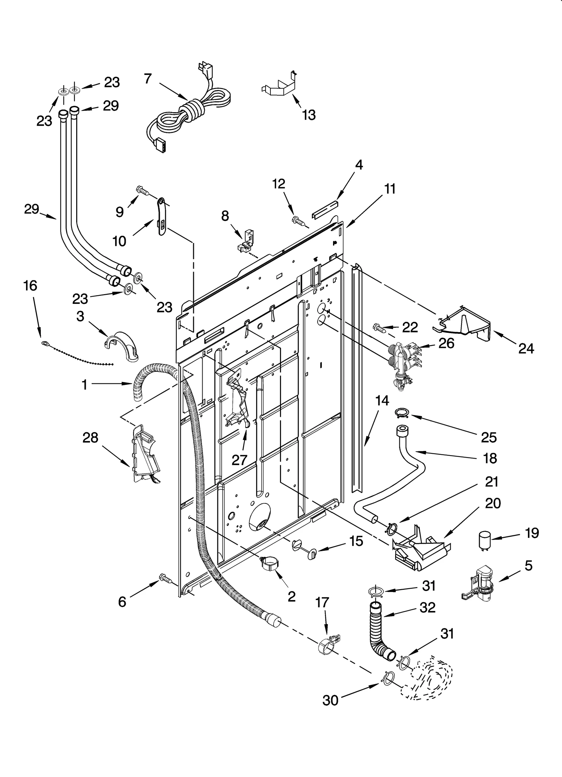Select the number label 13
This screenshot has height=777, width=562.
(x=309, y=115)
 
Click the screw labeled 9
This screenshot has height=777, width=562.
(x=142, y=190)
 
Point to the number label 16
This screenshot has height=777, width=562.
(x=31, y=286)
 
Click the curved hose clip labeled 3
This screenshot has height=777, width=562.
(x=122, y=345)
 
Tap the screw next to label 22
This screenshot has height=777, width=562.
(x=379, y=327)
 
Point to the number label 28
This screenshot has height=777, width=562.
(x=90, y=438)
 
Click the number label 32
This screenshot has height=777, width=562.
(x=428, y=607)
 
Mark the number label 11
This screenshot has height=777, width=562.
(x=390, y=189)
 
